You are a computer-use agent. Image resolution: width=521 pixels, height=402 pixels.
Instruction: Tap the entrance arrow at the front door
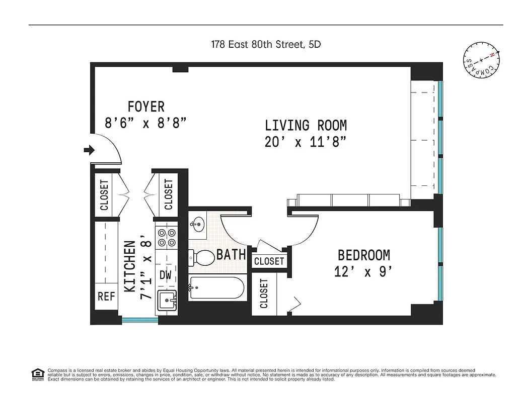point(89,150)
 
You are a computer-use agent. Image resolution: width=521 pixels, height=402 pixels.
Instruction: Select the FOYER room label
point(146,107)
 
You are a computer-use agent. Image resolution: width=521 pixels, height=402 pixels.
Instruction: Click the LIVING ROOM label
point(306,125)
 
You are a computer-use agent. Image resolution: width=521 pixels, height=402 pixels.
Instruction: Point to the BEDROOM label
point(363,255)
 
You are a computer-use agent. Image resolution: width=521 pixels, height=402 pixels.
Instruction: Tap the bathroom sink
point(197,225)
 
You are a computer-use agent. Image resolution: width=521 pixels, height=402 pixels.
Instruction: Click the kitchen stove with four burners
point(166,238)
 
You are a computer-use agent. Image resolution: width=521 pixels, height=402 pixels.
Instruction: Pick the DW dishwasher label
point(166,275)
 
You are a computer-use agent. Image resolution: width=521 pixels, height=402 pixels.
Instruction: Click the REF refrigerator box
point(106,296)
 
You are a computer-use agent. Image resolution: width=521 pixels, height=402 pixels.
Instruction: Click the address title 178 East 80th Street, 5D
point(266,44)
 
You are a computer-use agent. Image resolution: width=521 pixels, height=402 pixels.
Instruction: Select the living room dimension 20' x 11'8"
point(306,142)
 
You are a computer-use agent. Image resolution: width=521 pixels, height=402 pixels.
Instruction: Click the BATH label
point(231,254)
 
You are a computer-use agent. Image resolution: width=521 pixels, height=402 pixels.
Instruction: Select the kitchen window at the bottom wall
point(139,320)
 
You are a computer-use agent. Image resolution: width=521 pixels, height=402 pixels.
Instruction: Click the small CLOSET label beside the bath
point(269,261)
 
